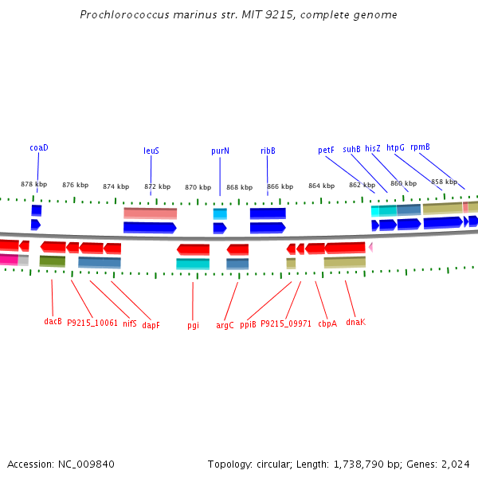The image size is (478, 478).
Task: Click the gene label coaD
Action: [x=39, y=147]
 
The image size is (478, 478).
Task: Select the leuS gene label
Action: [x=151, y=151]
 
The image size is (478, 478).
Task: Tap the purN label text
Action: [x=220, y=151]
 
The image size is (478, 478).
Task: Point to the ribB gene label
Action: [x=268, y=151]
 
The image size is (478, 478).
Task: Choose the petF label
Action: [x=326, y=150]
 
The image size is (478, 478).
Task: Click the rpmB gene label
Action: [x=421, y=147]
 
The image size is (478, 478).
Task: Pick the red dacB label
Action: [x=53, y=322]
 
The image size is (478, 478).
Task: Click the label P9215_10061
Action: [x=92, y=323]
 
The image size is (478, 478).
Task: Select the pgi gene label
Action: [x=194, y=325]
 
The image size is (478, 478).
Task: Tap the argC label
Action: [x=225, y=325]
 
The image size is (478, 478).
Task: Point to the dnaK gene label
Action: [x=355, y=322]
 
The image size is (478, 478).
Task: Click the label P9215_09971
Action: [x=286, y=324]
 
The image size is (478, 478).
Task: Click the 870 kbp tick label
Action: [x=198, y=187]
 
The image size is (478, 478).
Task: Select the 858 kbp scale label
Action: [x=444, y=182]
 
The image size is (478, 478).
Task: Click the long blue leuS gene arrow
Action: [x=150, y=228]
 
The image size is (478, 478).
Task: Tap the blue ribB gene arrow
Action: [x=268, y=228]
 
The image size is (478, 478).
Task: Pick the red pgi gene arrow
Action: [x=194, y=249]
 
